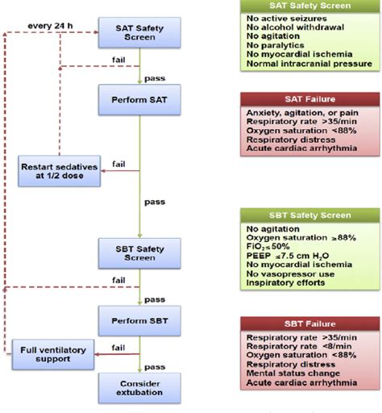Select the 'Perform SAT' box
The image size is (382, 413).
coord(140,101)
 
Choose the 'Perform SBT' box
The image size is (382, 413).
coord(140,319)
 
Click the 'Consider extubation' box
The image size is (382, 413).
coord(140,386)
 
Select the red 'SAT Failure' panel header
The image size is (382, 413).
coord(311,98)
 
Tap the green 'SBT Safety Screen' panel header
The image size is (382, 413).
coord(311,215)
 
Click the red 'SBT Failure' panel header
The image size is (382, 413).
coord(311,322)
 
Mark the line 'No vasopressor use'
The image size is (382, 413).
coord(289,273)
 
